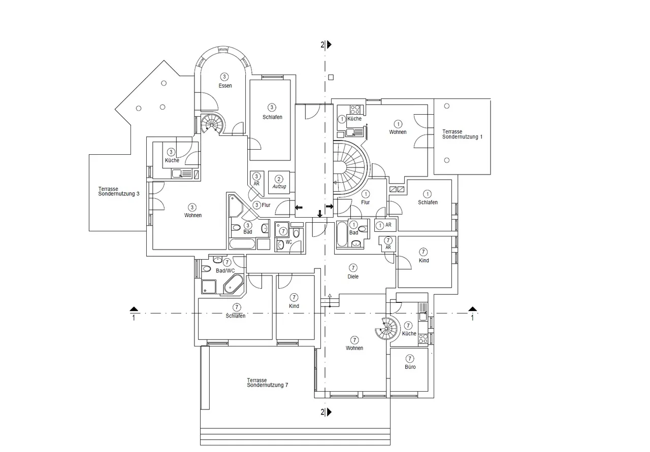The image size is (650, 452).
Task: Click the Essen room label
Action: pos(225,86)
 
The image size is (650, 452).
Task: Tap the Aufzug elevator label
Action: pos(279,186)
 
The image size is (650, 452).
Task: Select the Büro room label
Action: pos(410,367)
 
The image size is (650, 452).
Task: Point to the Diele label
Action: pos(353,276)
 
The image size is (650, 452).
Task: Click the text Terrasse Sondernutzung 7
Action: pos(268,383)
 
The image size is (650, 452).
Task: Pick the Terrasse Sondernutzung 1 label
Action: pos(462,134)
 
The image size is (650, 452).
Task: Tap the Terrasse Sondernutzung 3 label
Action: pos(119,191)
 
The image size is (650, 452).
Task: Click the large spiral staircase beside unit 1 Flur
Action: pos(350,167)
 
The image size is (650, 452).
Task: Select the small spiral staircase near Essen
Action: pos(213,124)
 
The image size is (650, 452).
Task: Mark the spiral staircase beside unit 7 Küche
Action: pos(386,329)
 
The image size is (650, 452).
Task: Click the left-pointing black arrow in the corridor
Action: pos(299,207)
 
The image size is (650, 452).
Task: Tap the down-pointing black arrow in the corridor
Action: pos(320,214)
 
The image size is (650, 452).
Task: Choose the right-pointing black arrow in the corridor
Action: pos(330,206)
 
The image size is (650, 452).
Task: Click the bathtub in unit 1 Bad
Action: pos(342,234)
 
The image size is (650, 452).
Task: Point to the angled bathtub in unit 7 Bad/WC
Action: pos(233,284)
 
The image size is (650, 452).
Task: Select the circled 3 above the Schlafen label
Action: pos(272,107)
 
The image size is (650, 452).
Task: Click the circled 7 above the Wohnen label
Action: pos(354,340)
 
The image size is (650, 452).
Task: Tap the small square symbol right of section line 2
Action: pos(331,78)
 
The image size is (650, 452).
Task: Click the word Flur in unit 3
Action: pos(266,205)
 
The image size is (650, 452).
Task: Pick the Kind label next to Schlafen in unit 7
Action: pos(294,306)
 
